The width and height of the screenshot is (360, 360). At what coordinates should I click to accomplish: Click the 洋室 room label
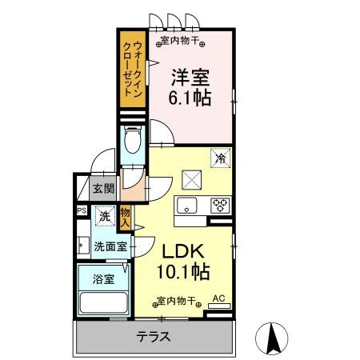click(190, 78)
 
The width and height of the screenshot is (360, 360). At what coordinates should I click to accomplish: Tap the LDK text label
click(183, 252)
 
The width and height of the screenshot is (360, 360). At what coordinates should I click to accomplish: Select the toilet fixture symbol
click(133, 141)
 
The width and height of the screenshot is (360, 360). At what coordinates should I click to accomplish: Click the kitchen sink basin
click(186, 206)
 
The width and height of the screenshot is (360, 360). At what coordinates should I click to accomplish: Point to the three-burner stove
click(221, 206)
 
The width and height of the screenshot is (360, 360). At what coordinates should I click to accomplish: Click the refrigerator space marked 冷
click(221, 158)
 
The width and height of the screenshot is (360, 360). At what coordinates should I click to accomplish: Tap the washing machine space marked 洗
click(105, 216)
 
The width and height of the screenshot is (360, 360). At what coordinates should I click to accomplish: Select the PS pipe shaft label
click(82, 210)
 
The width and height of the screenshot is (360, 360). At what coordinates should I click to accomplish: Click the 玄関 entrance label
click(103, 189)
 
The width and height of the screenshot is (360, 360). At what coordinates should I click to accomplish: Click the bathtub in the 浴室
click(103, 302)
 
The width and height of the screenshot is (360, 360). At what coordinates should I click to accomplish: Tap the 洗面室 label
click(110, 247)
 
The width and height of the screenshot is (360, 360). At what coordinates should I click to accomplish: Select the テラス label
click(153, 337)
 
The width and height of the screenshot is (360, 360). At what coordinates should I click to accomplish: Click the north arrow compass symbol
click(272, 338)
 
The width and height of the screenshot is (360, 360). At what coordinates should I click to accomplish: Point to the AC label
click(218, 298)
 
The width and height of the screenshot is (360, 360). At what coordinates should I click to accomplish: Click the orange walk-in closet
click(133, 70)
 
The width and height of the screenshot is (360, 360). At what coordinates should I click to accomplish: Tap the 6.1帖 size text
click(190, 98)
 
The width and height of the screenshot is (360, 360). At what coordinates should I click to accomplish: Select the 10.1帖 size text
click(183, 272)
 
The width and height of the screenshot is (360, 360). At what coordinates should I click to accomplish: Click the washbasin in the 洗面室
click(83, 246)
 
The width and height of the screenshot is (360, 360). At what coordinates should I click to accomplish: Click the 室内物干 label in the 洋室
click(180, 41)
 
